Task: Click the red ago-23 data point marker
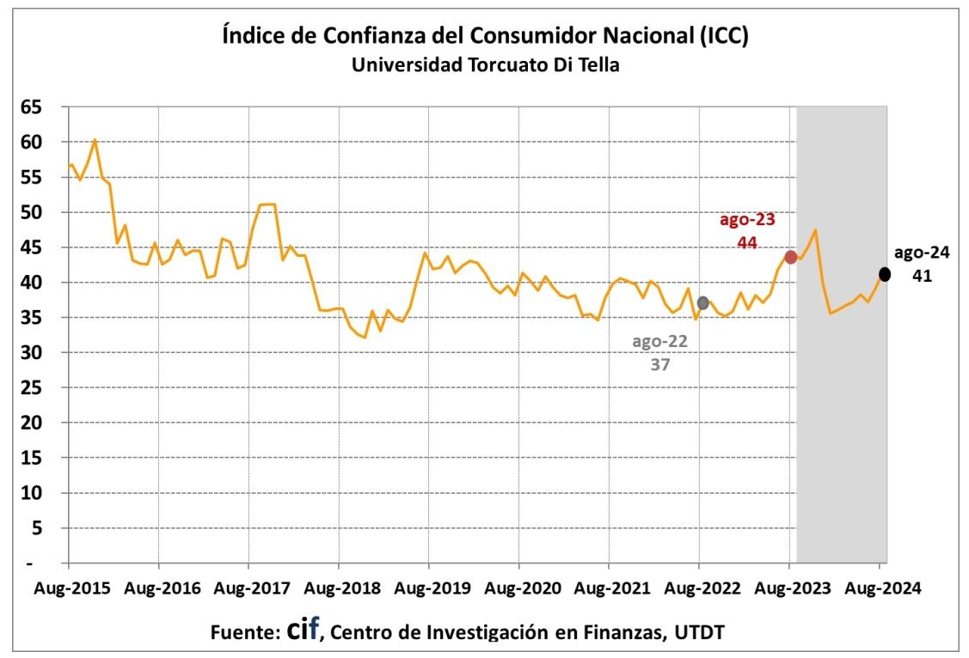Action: (790, 258)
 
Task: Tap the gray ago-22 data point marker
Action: (702, 303)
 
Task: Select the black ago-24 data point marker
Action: (884, 274)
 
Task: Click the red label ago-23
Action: (747, 220)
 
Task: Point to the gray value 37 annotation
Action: (660, 363)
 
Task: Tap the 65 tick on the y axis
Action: (32, 107)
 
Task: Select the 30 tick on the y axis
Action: (32, 353)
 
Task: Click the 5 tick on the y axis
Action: (37, 528)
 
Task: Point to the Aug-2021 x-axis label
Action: (609, 589)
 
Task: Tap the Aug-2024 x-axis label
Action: (879, 589)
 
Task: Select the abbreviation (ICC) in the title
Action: (723, 37)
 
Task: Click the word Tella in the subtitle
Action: (594, 65)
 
